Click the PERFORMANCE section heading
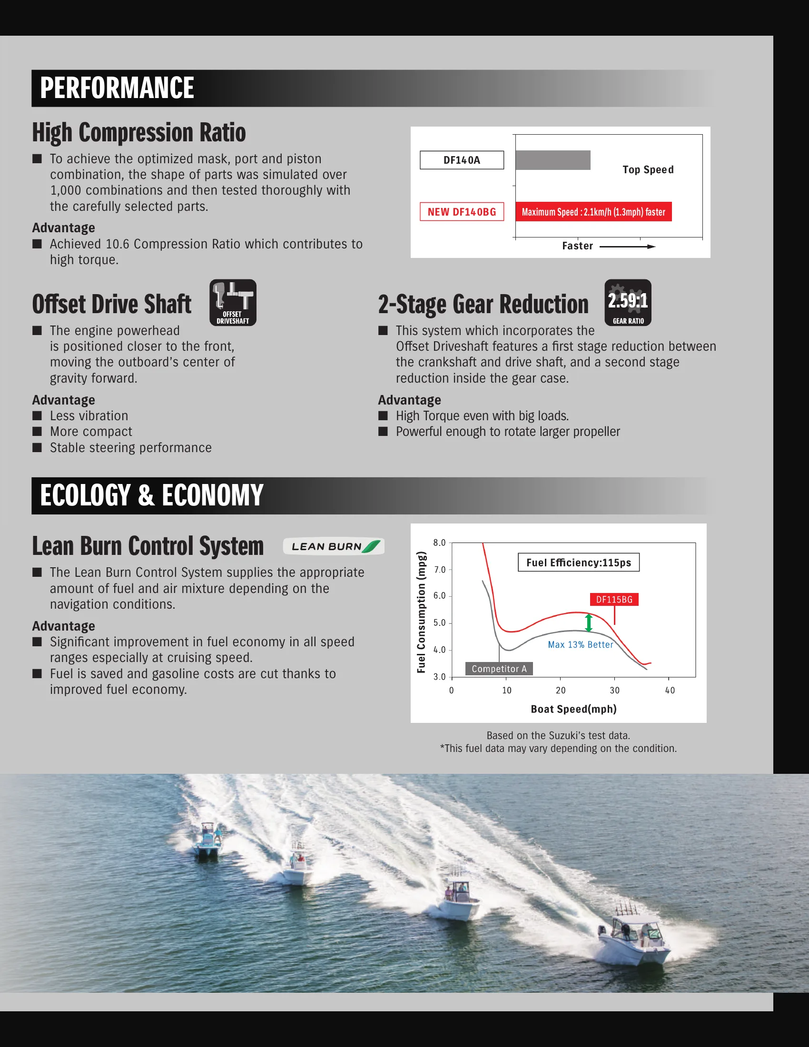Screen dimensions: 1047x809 [x=117, y=88]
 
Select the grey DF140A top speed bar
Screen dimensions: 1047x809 [x=552, y=160]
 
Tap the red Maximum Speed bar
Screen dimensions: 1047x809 [x=593, y=212]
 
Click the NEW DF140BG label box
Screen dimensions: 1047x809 [x=462, y=212]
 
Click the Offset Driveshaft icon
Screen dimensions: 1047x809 [x=233, y=303]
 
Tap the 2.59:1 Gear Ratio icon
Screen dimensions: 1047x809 [x=627, y=303]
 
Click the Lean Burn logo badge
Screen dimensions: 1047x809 [x=334, y=546]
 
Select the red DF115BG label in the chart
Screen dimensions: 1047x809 [x=614, y=599]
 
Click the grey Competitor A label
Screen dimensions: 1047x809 [x=499, y=669]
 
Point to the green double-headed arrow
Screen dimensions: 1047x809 [x=589, y=623]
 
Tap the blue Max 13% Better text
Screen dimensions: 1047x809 [x=581, y=645]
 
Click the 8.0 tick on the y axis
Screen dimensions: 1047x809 [x=439, y=543]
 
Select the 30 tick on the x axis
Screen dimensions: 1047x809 [x=614, y=691]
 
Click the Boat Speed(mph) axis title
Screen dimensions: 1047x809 [x=573, y=709]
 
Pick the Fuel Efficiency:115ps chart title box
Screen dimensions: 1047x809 [x=579, y=563]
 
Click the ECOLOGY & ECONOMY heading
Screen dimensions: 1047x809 [x=151, y=495]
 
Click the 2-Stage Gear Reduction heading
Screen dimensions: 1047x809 [x=483, y=305]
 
